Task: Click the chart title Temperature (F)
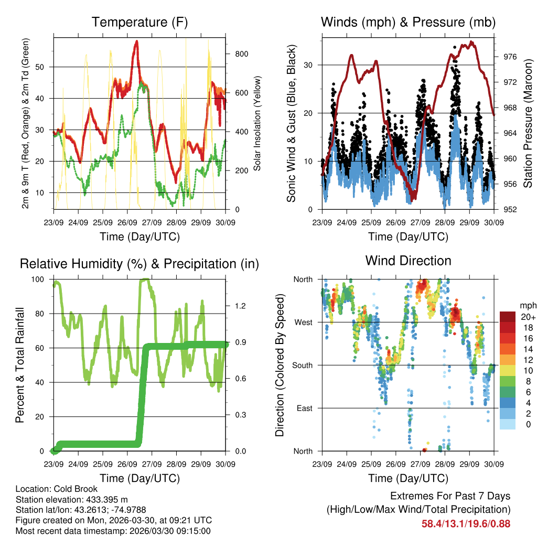pyautogui.click(x=139, y=22)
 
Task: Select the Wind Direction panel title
pyautogui.click(x=408, y=261)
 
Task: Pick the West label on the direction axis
pyautogui.click(x=303, y=322)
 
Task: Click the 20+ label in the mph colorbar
pyautogui.click(x=527, y=317)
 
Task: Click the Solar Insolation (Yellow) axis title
pyautogui.click(x=257, y=124)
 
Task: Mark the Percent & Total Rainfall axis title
pyautogui.click(x=20, y=365)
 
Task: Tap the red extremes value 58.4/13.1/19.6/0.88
pyautogui.click(x=466, y=523)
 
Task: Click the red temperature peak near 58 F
pyautogui.click(x=136, y=42)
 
